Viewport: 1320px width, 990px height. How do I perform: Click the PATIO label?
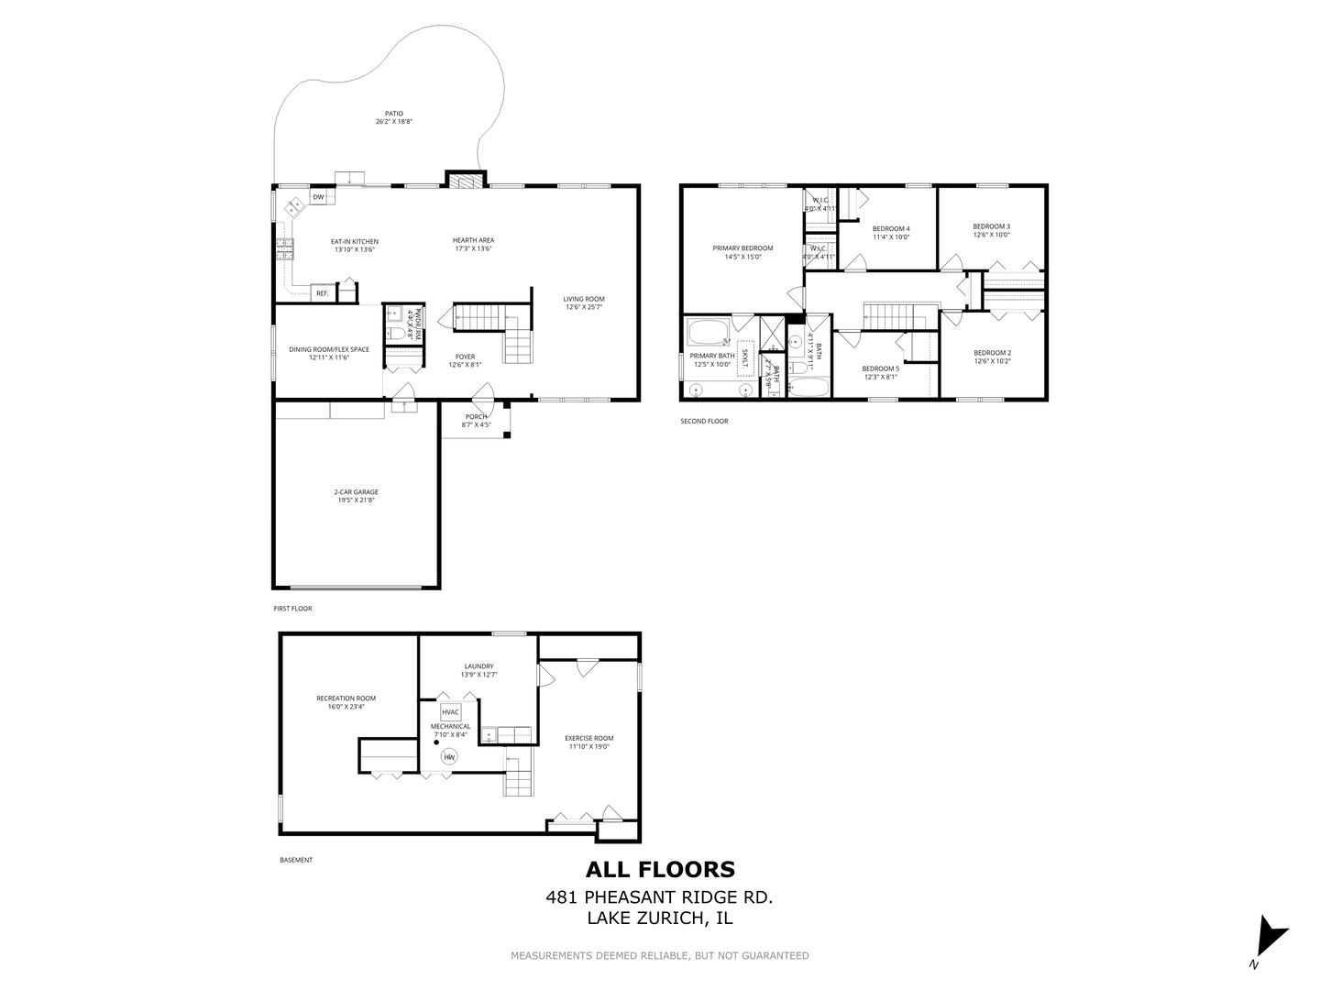[x=394, y=114]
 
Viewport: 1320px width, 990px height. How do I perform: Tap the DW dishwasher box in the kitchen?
[x=318, y=197]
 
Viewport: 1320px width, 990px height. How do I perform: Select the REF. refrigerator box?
[x=322, y=293]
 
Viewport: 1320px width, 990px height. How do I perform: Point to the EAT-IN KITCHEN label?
[x=354, y=242]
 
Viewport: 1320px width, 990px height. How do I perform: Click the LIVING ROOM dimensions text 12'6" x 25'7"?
[x=583, y=306]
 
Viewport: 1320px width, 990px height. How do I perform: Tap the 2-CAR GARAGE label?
[x=356, y=492]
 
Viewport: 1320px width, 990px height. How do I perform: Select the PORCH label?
[x=476, y=417]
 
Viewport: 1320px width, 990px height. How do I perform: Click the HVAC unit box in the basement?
[x=450, y=712]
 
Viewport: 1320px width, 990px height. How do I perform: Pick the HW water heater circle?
[x=449, y=757]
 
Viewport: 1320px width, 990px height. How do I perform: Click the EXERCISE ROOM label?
[x=588, y=738]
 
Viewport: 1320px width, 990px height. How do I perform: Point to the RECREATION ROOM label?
[x=346, y=698]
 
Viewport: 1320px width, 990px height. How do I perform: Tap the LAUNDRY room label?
[x=478, y=666]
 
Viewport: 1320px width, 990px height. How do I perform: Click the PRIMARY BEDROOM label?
[x=742, y=248]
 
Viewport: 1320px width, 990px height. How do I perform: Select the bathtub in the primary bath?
[x=709, y=332]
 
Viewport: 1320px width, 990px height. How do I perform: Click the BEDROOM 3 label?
[x=991, y=226]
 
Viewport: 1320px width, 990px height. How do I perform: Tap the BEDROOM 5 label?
[x=880, y=368]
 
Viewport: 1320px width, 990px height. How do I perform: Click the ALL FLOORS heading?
[x=660, y=869]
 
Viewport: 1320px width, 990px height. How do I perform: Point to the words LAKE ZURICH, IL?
[x=660, y=918]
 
